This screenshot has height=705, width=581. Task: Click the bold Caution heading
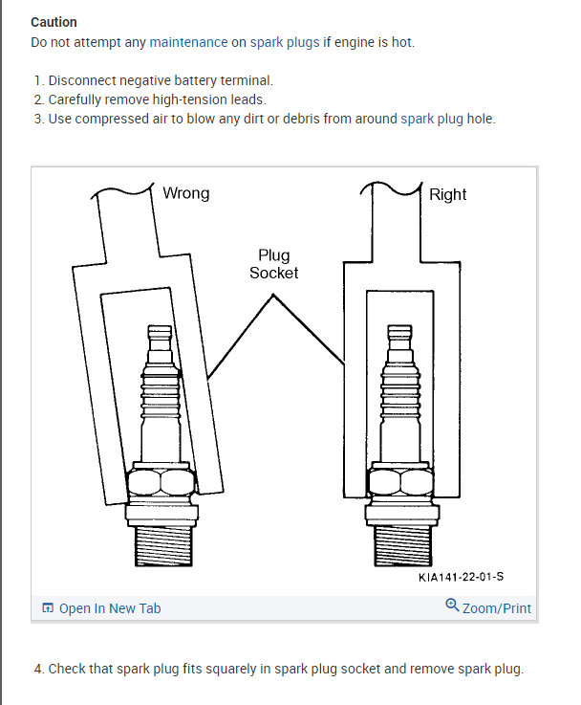tap(54, 22)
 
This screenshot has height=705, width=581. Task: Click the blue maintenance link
tap(188, 43)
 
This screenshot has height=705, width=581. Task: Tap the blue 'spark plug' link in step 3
tap(431, 120)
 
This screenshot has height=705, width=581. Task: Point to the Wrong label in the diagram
tap(185, 193)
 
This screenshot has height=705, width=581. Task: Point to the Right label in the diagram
tap(447, 194)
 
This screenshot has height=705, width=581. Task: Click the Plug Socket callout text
tap(273, 264)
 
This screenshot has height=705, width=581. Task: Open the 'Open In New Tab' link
tap(109, 608)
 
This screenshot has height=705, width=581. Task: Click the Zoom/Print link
tap(496, 608)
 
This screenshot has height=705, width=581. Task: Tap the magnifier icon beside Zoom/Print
tap(452, 606)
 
